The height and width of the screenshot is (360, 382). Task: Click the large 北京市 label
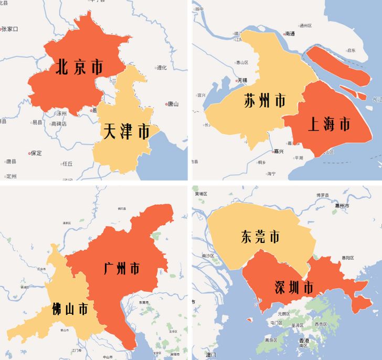pos(79,67)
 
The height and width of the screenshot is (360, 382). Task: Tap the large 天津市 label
pos(126,131)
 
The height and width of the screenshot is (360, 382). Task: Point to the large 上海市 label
pos(328,124)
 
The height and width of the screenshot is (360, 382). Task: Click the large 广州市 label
pos(122,269)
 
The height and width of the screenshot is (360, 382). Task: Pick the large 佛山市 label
pos(70,309)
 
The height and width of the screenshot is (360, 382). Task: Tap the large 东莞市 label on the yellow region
pos(260,237)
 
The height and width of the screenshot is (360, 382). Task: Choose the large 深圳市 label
pos(293,287)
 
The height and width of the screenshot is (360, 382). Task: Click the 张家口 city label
pos(10,29)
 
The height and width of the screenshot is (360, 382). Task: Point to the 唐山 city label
pos(173,104)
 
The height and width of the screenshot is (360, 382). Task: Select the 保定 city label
pos(36,153)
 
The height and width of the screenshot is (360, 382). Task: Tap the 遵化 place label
pos(161,68)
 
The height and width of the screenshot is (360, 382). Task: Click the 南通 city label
pos(290,34)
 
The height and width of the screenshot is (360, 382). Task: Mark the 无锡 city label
pos(242,80)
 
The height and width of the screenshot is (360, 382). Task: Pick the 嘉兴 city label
pos(278,151)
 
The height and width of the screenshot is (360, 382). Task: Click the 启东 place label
pos(351,50)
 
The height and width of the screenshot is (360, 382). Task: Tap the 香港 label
pos(304,341)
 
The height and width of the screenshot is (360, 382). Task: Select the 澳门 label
pos(211,355)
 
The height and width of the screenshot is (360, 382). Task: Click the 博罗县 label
pos(323,195)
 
